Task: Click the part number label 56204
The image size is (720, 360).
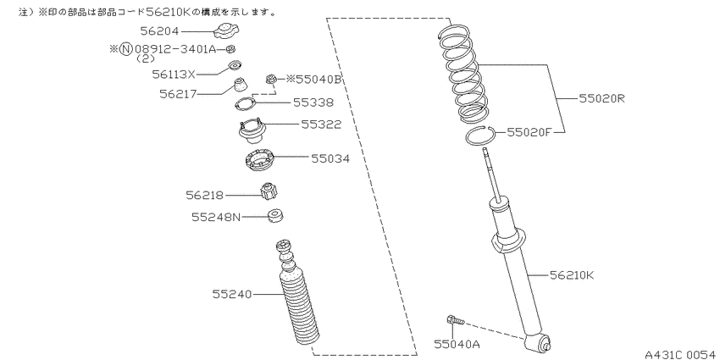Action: click(160, 31)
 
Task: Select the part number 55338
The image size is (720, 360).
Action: click(313, 102)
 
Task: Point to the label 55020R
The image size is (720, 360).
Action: click(602, 98)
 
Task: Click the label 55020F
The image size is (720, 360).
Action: click(529, 132)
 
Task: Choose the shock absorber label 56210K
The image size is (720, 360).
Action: click(572, 275)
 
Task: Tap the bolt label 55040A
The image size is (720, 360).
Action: click(457, 343)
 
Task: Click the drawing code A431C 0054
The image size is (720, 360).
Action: click(680, 354)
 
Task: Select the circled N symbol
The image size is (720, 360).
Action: click(125, 48)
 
